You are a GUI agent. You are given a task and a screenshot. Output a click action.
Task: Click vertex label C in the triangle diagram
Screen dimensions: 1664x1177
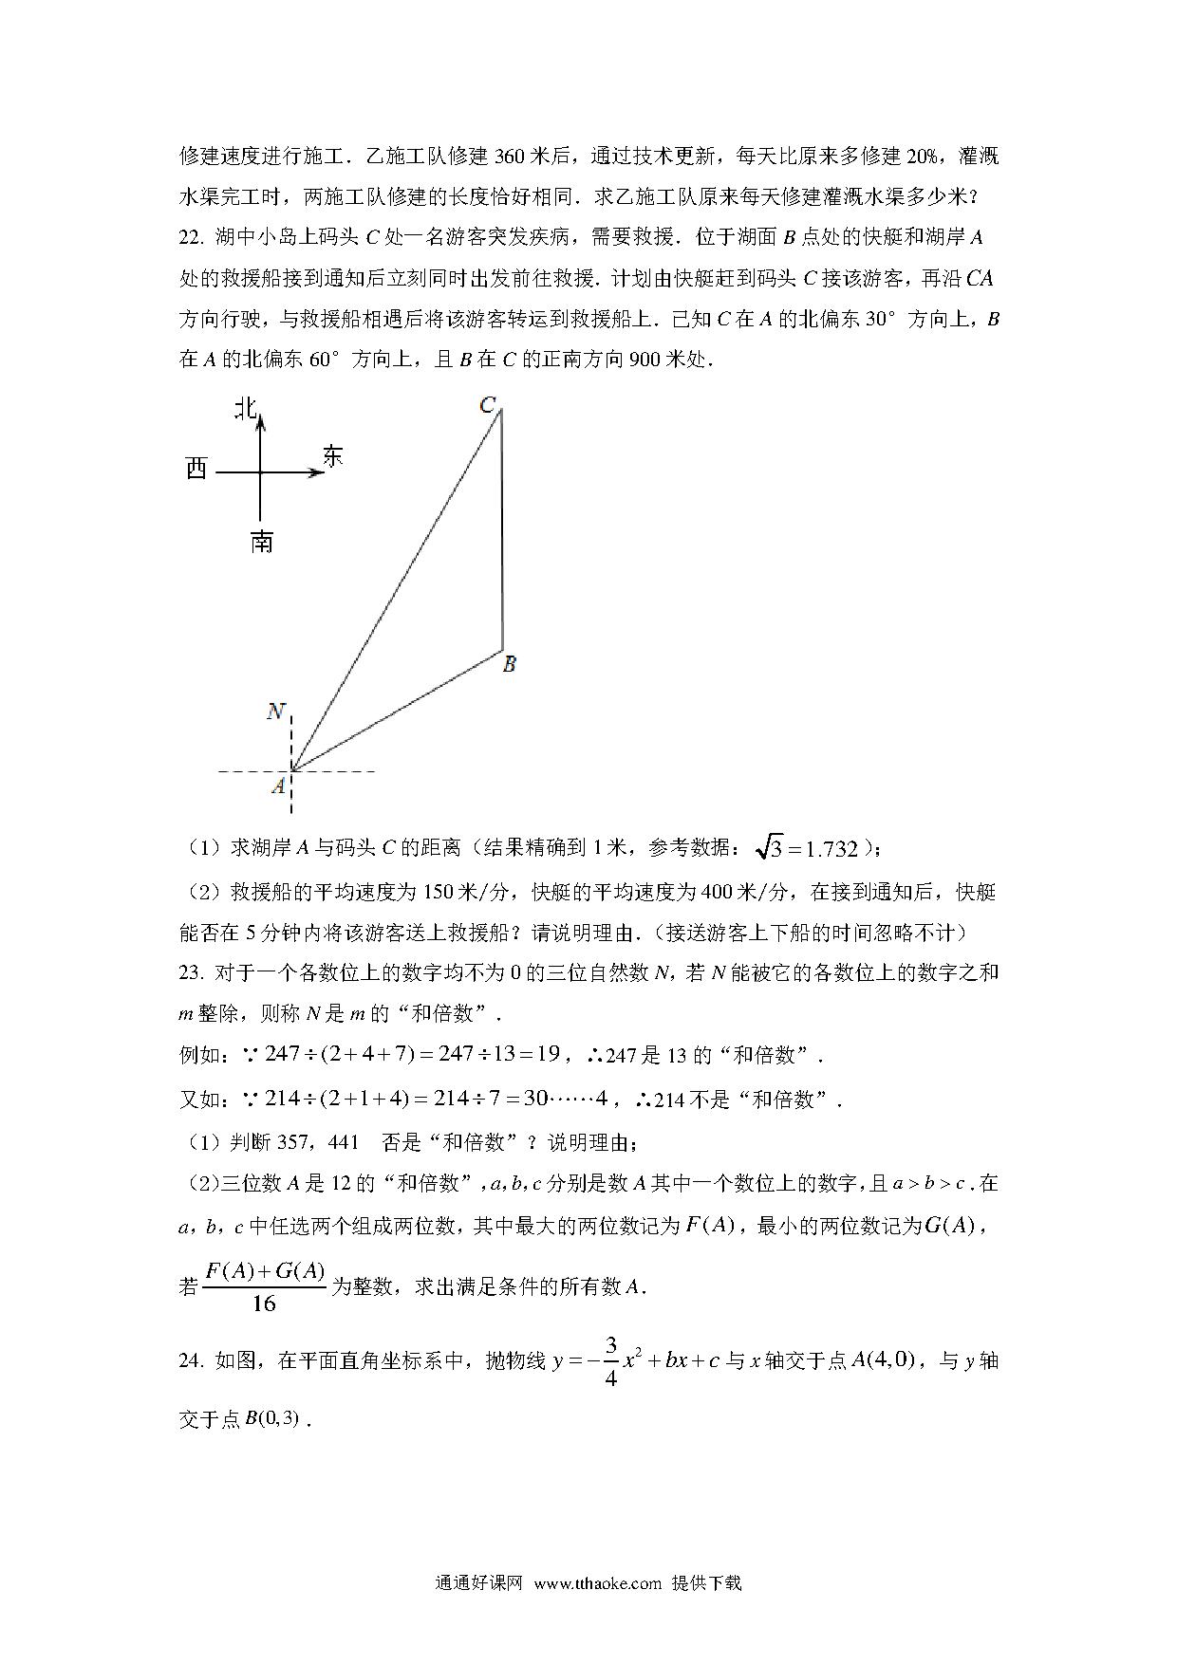point(487,406)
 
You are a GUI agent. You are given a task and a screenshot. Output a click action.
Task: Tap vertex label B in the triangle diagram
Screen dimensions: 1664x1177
point(510,664)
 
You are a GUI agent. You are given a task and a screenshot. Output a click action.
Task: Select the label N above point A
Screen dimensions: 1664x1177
point(275,712)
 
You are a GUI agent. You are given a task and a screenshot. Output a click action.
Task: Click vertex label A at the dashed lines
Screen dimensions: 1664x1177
point(278,786)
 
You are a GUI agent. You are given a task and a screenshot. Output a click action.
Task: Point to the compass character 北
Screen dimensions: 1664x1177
point(246,409)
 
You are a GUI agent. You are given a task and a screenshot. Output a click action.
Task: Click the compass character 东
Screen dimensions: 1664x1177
point(332,456)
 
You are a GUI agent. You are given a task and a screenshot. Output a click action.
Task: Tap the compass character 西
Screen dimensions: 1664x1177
point(196,469)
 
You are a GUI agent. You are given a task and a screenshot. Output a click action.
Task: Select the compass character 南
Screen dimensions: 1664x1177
point(262,542)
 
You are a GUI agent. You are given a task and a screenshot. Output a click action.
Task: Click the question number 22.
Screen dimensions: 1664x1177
point(191,237)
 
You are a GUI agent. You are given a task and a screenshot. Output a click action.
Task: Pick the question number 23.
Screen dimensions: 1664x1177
point(191,972)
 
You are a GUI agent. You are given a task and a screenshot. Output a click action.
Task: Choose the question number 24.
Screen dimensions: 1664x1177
point(191,1361)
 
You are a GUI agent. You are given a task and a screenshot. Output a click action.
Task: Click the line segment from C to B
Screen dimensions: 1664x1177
point(501,531)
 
